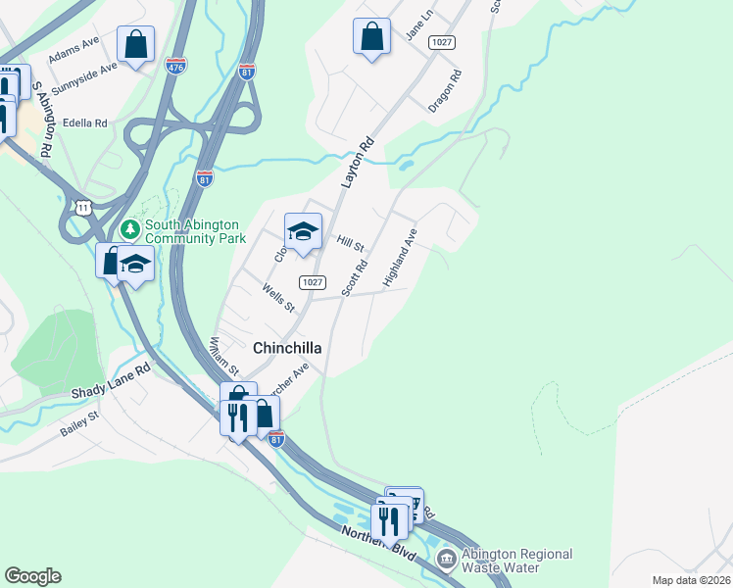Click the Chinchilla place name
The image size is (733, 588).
[x=288, y=348]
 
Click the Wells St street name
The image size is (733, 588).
[x=278, y=298]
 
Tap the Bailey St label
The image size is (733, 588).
[x=80, y=422]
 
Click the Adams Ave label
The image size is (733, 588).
[x=74, y=49]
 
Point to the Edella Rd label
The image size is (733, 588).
[x=84, y=123]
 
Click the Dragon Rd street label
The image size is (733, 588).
[x=444, y=90]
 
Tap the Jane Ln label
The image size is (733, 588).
[x=420, y=26]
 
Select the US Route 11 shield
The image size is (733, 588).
[x=85, y=208]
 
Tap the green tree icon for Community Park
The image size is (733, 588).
[x=128, y=228]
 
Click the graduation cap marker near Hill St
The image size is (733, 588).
[x=303, y=232]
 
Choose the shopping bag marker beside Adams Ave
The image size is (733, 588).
[x=135, y=44]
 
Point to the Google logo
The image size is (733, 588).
[x=33, y=576]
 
